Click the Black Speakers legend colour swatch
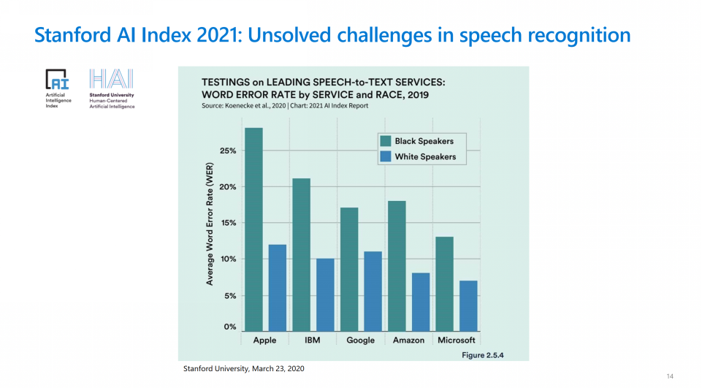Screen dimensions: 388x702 (385, 141)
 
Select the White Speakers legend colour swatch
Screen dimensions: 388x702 (385, 156)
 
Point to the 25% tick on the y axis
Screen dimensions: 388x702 (229, 151)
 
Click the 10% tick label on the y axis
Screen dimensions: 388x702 (229, 259)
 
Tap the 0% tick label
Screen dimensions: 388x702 (231, 327)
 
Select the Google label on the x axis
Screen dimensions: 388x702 (361, 341)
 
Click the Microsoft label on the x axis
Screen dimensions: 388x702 (456, 341)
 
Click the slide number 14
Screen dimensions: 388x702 (670, 376)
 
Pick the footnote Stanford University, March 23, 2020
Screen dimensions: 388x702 (243, 368)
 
